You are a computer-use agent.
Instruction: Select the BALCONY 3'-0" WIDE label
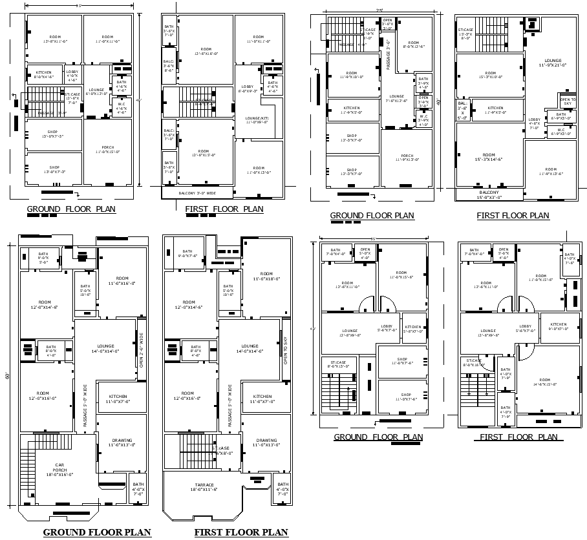197,192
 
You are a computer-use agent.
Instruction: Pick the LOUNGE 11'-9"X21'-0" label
552,63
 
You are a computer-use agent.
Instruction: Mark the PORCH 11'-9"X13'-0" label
407,157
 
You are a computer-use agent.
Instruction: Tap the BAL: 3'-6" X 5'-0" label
462,110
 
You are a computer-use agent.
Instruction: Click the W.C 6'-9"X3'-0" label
560,132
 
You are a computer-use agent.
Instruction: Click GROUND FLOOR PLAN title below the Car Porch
97,532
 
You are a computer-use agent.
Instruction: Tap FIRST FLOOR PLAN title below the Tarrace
241,532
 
